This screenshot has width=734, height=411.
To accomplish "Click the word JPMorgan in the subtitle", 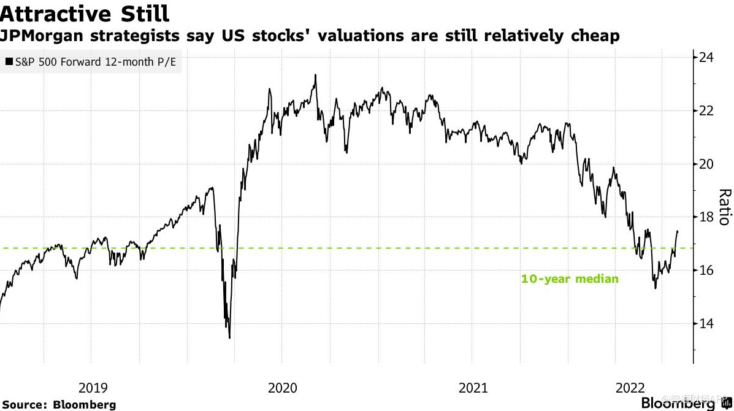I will pyautogui.click(x=46, y=36).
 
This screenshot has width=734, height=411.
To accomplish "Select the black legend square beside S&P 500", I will pyautogui.click(x=9, y=61).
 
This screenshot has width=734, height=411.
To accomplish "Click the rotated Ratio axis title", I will pyautogui.click(x=724, y=206).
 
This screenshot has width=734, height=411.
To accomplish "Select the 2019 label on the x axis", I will pyautogui.click(x=93, y=388).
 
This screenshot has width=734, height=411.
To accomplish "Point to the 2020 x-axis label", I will pyautogui.click(x=282, y=388).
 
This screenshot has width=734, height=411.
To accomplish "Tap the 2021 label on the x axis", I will pyautogui.click(x=473, y=388).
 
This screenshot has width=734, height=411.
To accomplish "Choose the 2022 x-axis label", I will pyautogui.click(x=630, y=388).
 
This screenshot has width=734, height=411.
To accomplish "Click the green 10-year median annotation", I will pyautogui.click(x=569, y=278).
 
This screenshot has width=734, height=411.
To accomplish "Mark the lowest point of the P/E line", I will pyautogui.click(x=229, y=337).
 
